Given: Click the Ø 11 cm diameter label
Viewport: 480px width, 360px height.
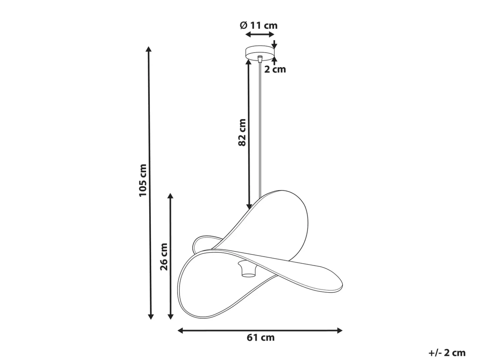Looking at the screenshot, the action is [259, 25].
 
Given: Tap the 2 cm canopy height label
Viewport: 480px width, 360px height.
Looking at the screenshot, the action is [275, 69].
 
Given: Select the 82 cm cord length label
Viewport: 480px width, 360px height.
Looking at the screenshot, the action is [242, 132].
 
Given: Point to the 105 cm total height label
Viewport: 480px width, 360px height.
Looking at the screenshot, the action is [143, 180].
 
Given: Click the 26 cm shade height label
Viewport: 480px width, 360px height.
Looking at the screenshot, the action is [164, 257].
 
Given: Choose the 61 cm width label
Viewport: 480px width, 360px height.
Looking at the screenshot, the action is [260, 338].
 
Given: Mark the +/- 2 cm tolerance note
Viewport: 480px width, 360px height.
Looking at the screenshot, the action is [447, 353].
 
